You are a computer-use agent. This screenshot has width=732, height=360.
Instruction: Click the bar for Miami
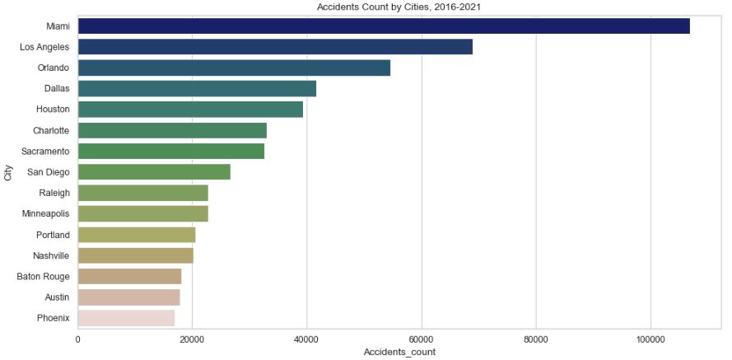click(x=384, y=26)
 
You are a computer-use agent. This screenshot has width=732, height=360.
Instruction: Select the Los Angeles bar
click(x=275, y=47)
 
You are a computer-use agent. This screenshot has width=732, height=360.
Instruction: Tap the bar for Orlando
click(x=234, y=68)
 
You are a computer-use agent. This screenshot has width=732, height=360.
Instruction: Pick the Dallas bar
click(x=197, y=89)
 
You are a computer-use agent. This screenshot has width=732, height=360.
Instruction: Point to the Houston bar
click(x=190, y=110)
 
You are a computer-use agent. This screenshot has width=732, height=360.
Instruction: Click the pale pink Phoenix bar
click(x=126, y=318)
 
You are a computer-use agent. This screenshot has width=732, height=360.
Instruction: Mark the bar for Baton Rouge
click(x=129, y=276)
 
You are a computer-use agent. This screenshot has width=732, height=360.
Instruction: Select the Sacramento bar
click(x=171, y=152)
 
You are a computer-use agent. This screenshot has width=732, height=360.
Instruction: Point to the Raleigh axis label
click(x=54, y=193)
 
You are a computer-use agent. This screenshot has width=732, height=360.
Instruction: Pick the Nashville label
click(x=51, y=255)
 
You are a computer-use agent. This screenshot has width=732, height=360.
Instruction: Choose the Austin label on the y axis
click(x=56, y=297)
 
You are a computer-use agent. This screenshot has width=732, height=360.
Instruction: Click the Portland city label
click(x=52, y=235)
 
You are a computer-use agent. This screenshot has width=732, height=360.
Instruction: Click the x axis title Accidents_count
click(x=399, y=353)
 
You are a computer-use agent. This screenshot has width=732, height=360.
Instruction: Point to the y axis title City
click(x=8, y=172)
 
